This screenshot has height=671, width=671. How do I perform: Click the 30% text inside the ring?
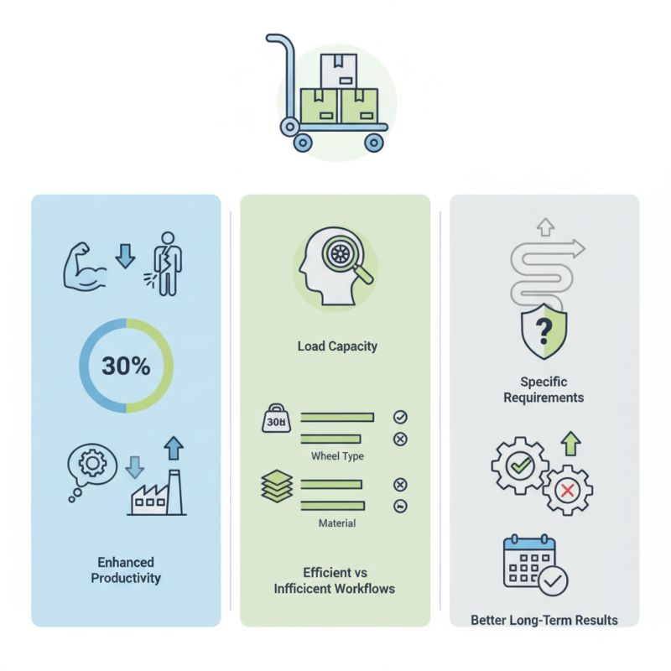click(126, 366)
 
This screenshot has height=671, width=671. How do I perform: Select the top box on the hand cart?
click(339, 71)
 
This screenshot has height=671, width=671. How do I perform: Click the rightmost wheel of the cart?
click(373, 143)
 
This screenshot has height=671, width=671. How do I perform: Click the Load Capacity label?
click(337, 346)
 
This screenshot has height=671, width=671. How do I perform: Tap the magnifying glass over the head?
click(346, 258)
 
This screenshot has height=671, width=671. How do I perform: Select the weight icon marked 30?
click(276, 418)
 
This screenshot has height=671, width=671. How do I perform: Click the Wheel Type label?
click(337, 456)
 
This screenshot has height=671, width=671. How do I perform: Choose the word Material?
click(337, 523)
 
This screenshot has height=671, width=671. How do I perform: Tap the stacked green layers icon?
click(277, 486)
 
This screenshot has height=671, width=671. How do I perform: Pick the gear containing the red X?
click(568, 490)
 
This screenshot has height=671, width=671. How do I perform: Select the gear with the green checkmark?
click(520, 466)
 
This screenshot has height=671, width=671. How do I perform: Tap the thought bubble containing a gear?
click(91, 468)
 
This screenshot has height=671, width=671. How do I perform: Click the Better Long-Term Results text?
click(544, 620)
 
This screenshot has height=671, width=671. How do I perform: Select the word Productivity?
click(126, 578)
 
